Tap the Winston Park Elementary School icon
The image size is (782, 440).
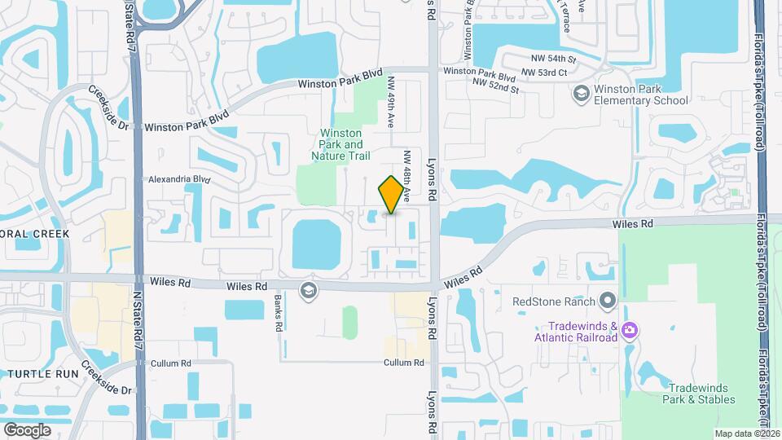(x=582, y=95)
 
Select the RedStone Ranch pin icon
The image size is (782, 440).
(x=608, y=301)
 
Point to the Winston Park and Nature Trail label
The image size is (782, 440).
(x=345, y=144)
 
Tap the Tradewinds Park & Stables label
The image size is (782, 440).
(x=701, y=393)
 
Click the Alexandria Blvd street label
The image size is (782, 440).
(x=179, y=179)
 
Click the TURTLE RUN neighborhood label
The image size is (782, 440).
(x=34, y=373)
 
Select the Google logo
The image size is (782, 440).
(x=27, y=429)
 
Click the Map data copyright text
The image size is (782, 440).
(x=747, y=433)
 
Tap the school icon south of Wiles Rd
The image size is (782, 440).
(x=308, y=291)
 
